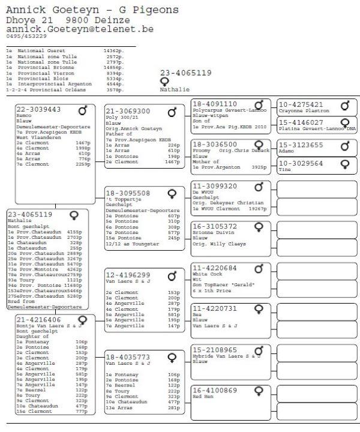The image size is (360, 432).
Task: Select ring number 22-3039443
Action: (x=38, y=109)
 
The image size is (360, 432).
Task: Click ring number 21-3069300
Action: (x=128, y=111)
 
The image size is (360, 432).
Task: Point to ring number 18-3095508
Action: (x=128, y=193)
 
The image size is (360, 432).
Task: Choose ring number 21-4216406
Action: (x=38, y=320)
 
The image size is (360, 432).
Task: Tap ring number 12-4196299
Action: (x=128, y=275)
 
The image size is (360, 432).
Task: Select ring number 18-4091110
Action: (x=214, y=104)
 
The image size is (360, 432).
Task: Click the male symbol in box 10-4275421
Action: (x=345, y=106)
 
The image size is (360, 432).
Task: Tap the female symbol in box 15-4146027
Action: (x=345, y=122)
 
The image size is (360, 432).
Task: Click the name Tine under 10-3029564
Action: (x=284, y=170)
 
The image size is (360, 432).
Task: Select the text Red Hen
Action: (x=204, y=397)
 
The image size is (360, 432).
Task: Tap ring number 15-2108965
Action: (x=214, y=349)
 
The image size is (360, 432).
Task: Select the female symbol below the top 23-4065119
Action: (x=164, y=82)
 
